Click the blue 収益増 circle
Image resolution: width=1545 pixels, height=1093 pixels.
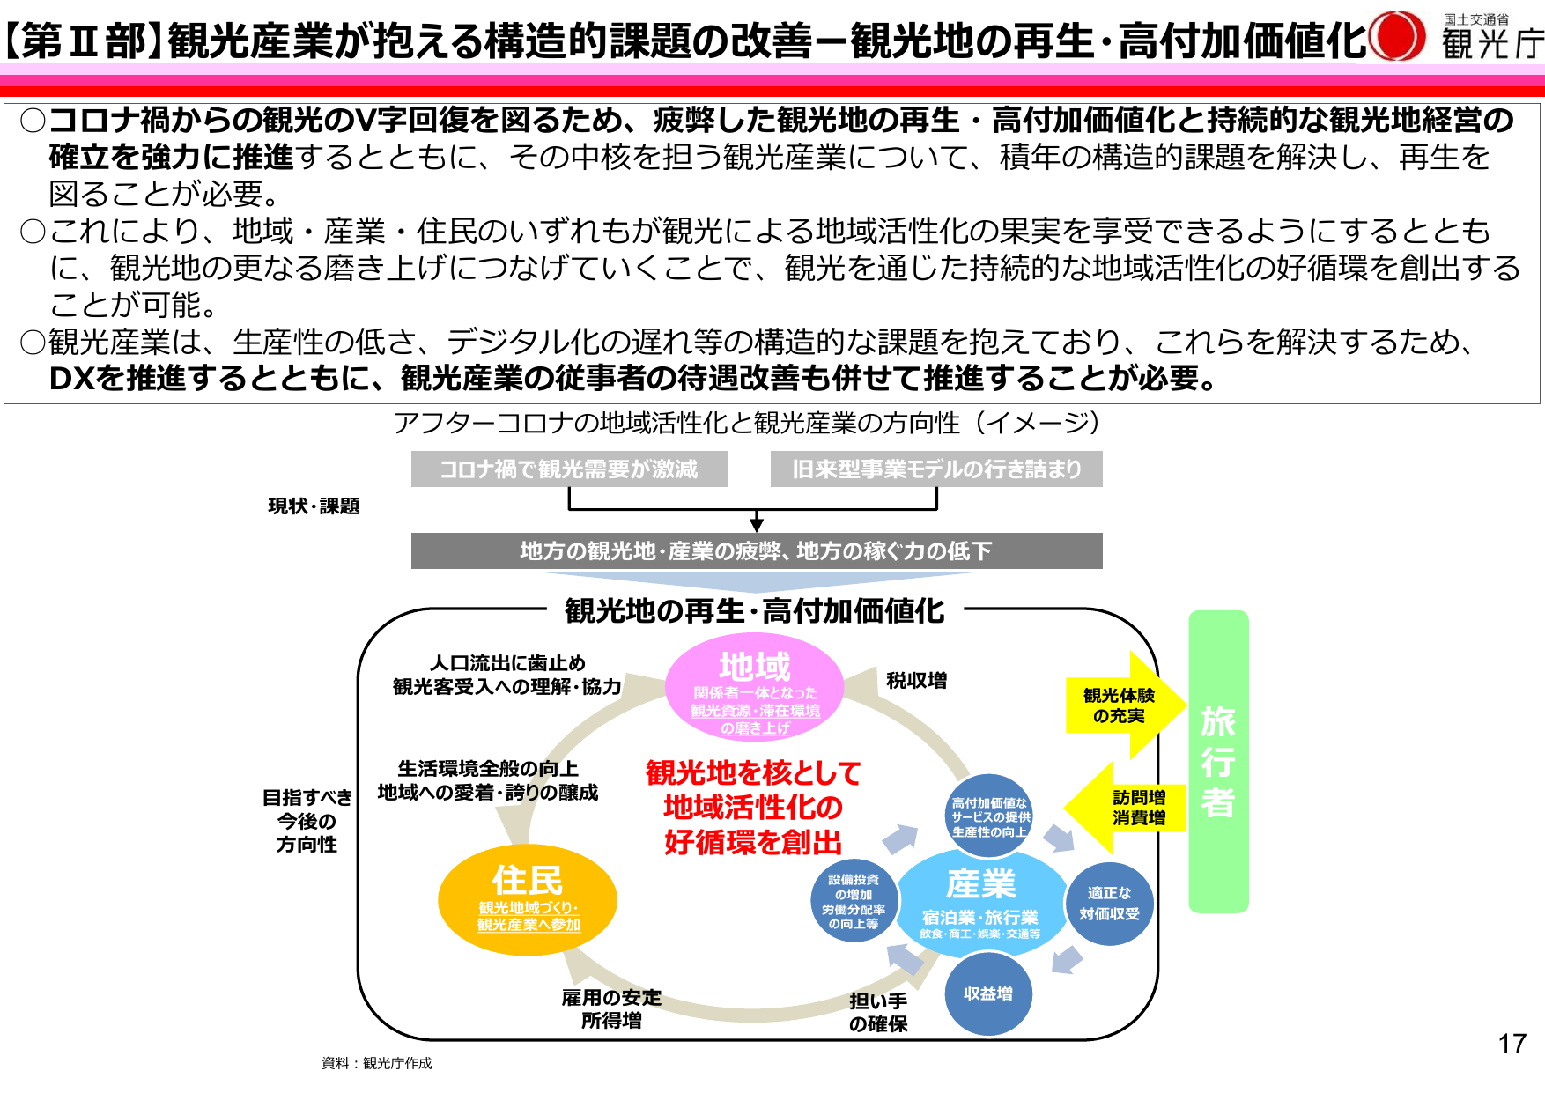tap(987, 993)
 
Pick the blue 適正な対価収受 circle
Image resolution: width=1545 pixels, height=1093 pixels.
tap(1109, 904)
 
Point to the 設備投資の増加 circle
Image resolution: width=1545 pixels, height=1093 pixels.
tap(853, 901)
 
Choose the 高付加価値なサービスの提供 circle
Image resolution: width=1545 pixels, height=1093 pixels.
tap(989, 816)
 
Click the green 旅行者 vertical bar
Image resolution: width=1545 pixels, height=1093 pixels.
tap(1218, 762)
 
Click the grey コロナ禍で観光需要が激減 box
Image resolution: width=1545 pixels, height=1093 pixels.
tap(569, 469)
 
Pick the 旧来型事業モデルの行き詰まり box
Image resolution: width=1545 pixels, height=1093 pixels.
tap(936, 469)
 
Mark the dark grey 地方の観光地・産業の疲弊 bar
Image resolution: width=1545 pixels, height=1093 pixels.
tap(757, 551)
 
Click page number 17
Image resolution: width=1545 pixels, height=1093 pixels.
tap(1512, 1044)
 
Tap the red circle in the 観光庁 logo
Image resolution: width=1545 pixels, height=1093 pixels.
tap(1398, 37)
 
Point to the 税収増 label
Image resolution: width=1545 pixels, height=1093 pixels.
tap(917, 680)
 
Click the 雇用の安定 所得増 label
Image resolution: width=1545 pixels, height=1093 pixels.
tap(611, 1008)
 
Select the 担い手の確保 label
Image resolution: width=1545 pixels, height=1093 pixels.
tap(878, 1012)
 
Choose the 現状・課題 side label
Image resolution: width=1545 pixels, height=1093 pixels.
tap(314, 506)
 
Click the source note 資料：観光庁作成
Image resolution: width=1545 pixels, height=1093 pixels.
tap(377, 1063)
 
